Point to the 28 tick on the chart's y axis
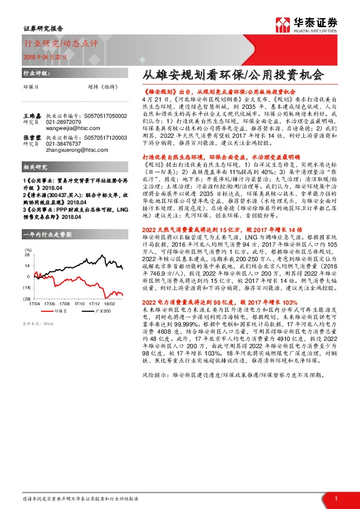[28, 265]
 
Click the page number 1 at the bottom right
[336, 498]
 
